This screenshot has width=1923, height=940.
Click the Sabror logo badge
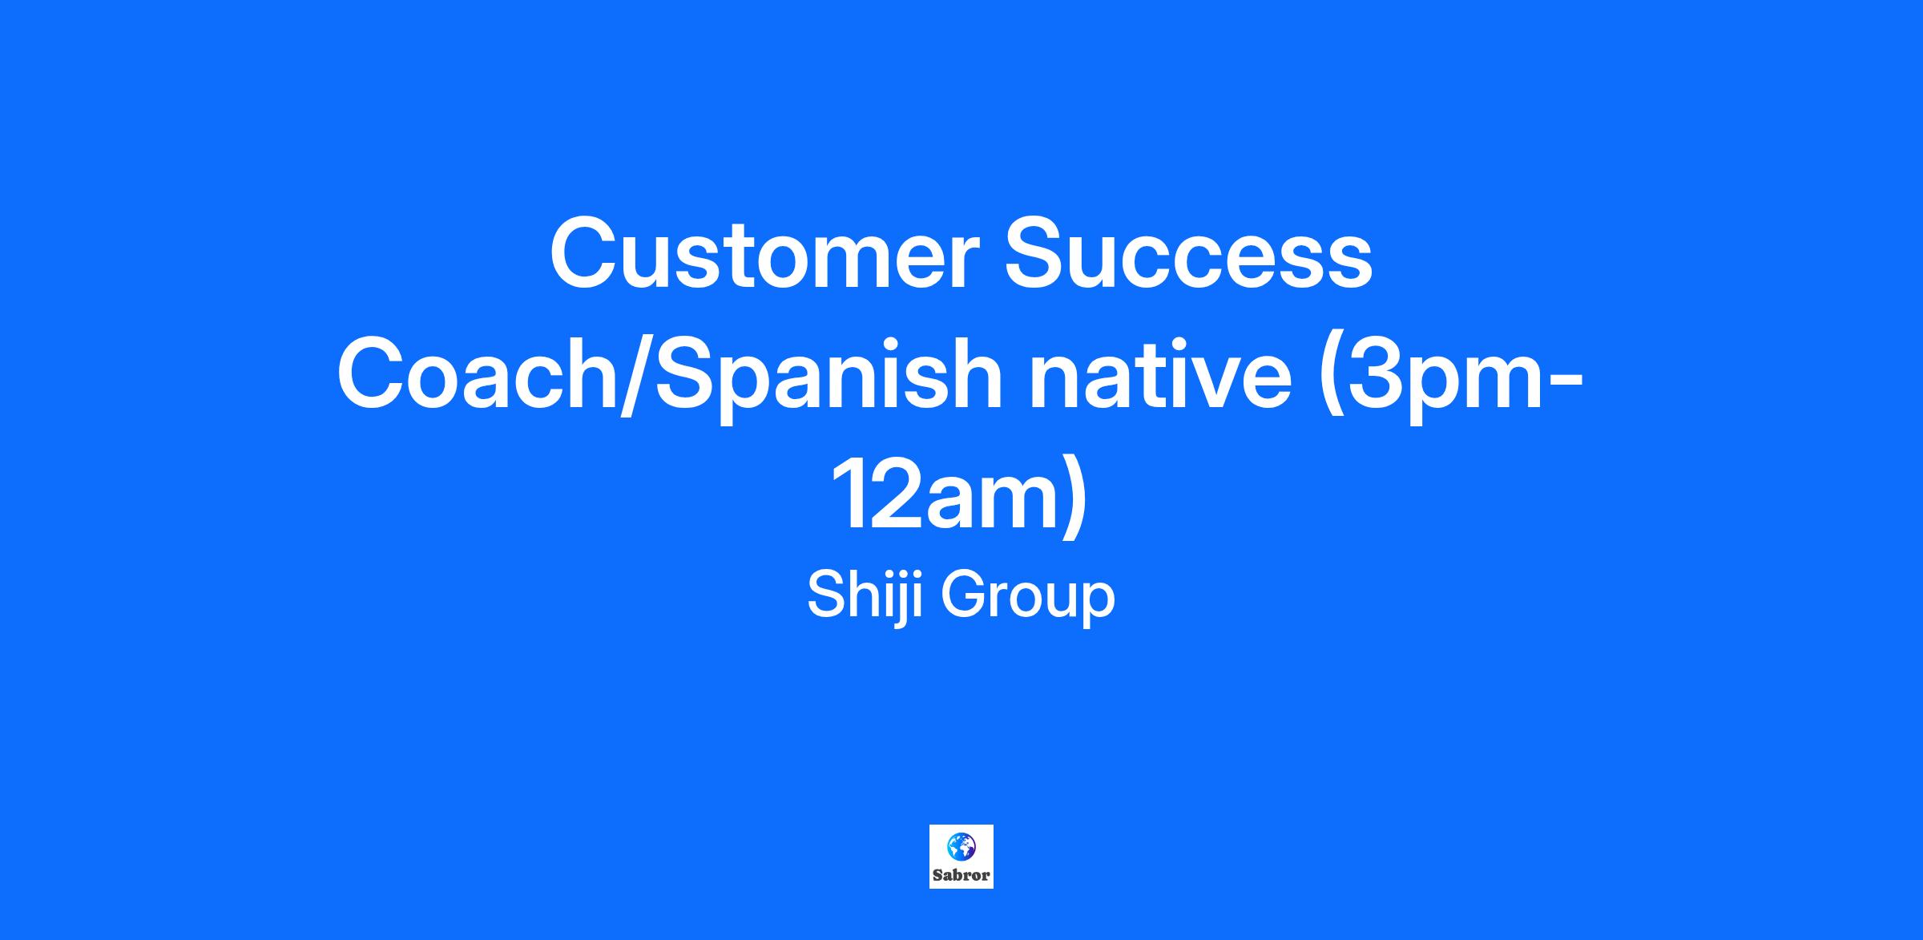click(961, 857)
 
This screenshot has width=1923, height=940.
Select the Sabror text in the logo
click(961, 875)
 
